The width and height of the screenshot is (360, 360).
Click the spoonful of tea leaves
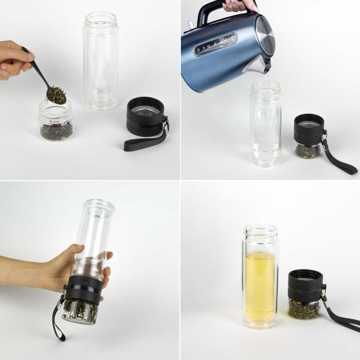[56, 94]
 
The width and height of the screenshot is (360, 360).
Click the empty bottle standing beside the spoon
[101, 61]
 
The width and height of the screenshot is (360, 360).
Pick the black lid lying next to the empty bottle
[145, 117]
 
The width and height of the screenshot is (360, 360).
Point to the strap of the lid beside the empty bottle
[143, 143]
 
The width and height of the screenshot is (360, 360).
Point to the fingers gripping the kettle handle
[243, 5]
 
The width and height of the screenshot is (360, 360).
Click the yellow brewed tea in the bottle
[260, 279]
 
